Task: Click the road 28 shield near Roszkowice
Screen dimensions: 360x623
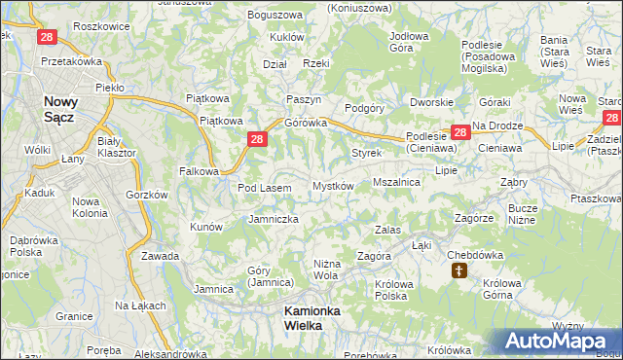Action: click(46, 38)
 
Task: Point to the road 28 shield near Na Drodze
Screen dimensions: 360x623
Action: click(459, 132)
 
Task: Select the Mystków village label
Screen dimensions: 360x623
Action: click(332, 186)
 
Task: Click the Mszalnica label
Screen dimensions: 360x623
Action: click(396, 182)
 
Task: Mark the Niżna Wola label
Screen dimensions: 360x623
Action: click(325, 270)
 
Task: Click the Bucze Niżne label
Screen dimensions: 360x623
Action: click(523, 214)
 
